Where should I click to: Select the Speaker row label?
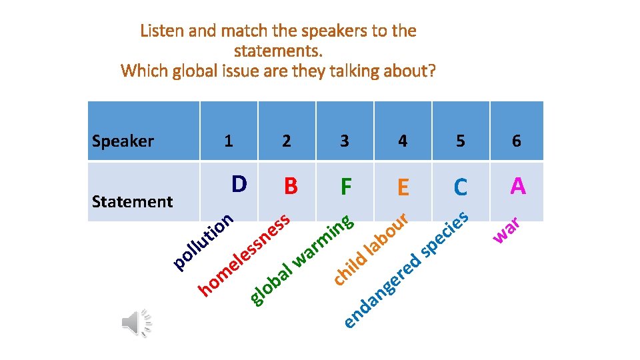(x=123, y=141)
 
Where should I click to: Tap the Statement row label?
(x=132, y=201)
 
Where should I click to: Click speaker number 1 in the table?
(x=229, y=141)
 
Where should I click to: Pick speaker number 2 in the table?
(x=286, y=141)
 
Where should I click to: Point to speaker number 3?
(x=344, y=141)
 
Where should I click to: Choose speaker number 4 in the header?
(x=402, y=141)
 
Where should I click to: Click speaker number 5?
(x=460, y=141)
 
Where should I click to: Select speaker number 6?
(x=517, y=141)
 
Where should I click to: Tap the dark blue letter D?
(x=239, y=183)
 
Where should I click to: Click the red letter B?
(x=290, y=187)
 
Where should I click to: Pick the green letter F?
(x=345, y=187)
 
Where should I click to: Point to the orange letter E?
(x=403, y=188)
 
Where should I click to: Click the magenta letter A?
(x=517, y=186)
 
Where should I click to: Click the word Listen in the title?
(x=161, y=31)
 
